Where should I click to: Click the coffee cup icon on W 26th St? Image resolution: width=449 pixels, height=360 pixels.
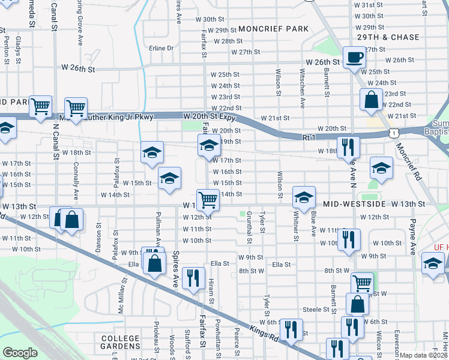tap(354, 57)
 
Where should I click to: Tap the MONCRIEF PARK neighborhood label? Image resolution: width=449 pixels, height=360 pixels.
tap(273, 29)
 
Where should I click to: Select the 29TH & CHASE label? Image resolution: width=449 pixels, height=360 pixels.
tap(388, 37)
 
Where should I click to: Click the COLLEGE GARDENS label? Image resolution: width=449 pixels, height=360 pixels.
tap(121, 342)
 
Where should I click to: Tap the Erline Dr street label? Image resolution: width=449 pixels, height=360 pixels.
tap(161, 48)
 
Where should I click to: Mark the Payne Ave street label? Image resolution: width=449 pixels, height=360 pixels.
tap(413, 236)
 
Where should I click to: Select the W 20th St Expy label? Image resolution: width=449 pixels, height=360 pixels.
tap(208, 115)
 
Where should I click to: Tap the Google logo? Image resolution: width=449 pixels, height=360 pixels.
tap(20, 353)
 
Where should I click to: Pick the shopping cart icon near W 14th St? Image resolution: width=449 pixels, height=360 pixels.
tap(208, 199)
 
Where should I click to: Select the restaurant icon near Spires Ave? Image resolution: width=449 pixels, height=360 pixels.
tap(192, 277)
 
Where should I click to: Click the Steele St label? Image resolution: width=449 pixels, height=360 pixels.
tap(318, 310)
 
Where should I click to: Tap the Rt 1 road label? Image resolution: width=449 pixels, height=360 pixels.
tap(309, 137)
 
